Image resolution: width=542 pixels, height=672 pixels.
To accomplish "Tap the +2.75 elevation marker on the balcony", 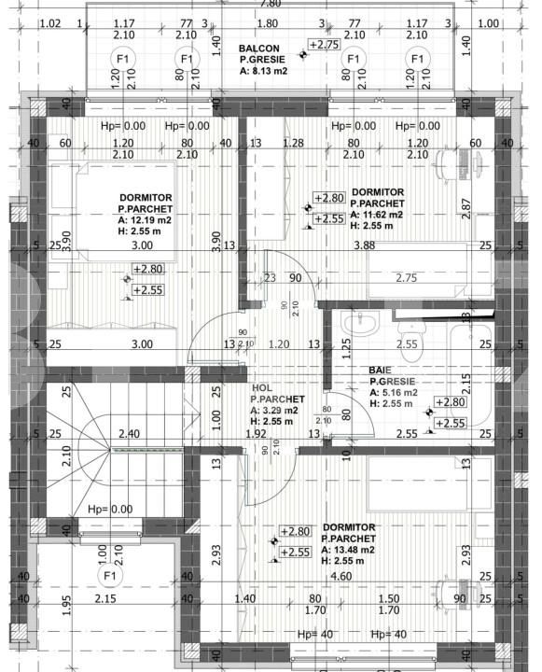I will click(324, 45).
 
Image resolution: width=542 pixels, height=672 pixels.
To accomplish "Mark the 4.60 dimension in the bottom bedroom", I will click(341, 576).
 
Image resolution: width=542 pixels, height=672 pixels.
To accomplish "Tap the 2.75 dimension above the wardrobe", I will click(406, 277).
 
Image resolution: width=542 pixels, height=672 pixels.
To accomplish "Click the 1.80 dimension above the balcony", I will click(267, 22).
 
